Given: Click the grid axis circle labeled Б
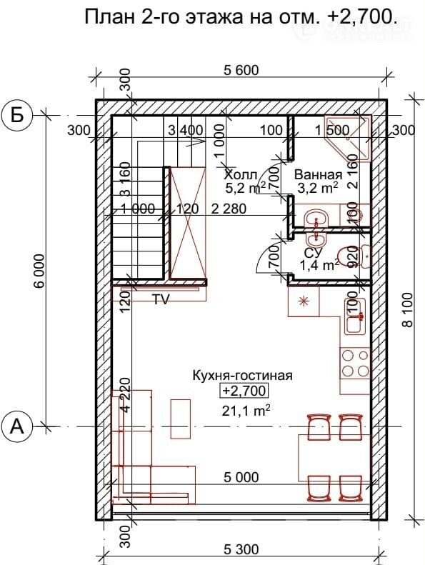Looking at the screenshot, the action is click(x=16, y=115).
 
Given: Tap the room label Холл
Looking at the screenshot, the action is click(x=240, y=175).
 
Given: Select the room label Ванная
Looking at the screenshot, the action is click(x=318, y=175).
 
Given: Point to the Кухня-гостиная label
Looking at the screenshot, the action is click(x=242, y=376).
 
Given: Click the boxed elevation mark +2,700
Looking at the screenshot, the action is click(x=245, y=391).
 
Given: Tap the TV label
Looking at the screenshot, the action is click(x=161, y=299).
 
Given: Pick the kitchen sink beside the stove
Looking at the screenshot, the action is click(x=356, y=316).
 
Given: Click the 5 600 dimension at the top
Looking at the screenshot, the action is click(x=241, y=70).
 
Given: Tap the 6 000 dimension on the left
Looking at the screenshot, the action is click(x=39, y=271).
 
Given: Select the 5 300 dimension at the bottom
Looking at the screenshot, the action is click(x=241, y=549).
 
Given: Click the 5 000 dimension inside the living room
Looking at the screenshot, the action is click(x=241, y=477).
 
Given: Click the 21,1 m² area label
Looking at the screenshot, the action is click(x=246, y=411).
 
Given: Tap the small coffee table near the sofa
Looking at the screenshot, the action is click(x=181, y=419).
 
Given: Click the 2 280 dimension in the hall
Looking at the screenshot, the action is click(x=229, y=209).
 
